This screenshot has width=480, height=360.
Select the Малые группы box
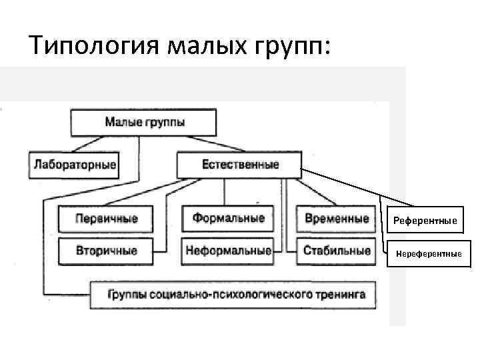click(144, 123)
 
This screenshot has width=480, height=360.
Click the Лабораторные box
click(73, 164)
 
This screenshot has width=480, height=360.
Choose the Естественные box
click(239, 164)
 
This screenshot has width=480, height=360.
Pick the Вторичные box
click(106, 251)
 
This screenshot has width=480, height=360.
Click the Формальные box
click(228, 219)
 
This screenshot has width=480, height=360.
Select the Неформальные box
click(228, 251)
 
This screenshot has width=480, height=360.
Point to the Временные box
click(336, 219)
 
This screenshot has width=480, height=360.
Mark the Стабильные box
click(336, 251)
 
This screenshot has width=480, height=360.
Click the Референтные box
click(425, 220)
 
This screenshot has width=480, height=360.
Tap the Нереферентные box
click(428, 253)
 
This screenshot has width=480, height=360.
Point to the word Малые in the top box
click(122, 123)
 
